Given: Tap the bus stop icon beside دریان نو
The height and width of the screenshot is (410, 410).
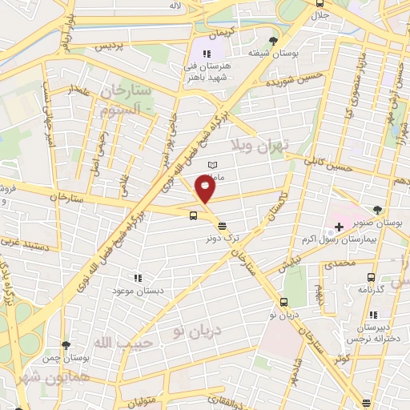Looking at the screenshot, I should [284, 302].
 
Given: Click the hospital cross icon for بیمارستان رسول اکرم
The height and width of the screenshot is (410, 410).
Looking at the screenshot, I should [340, 228].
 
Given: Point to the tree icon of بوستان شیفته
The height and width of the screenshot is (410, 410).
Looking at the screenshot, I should [275, 40].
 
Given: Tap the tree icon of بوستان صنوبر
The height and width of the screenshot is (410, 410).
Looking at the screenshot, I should [377, 210].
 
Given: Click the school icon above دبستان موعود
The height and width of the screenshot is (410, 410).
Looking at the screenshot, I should [138, 277].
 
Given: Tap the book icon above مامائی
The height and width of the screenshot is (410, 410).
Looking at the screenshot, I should [212, 165].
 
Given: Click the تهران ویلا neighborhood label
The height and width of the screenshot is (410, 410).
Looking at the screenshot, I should [264, 144].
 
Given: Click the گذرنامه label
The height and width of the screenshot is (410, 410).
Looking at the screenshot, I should [372, 290].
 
